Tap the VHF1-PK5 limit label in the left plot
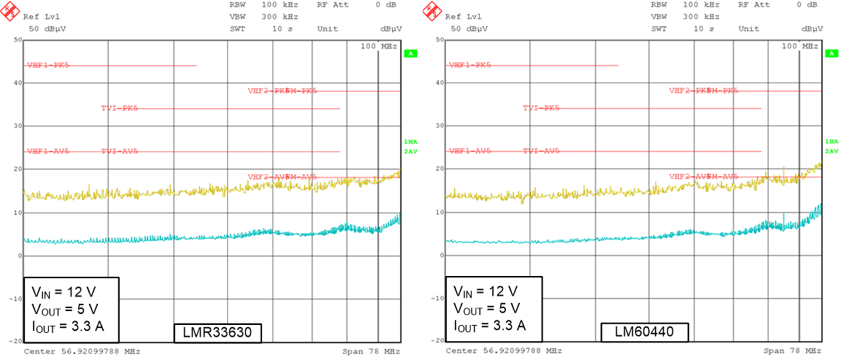[x=48, y=65]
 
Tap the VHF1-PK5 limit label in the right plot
[x=469, y=65]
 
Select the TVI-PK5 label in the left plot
[x=119, y=108]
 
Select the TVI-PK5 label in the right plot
[x=541, y=108]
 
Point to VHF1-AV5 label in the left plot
[x=48, y=151]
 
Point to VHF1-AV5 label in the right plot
[x=469, y=151]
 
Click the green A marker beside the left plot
[x=411, y=53]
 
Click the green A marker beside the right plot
[x=832, y=53]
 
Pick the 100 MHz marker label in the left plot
[x=378, y=46]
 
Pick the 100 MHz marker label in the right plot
[x=800, y=46]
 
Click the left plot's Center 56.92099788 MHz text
[x=82, y=351]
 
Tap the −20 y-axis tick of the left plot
[x=15, y=341]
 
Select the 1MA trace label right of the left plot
[x=410, y=142]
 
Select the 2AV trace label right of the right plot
[x=832, y=151]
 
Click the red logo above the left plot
[x=10, y=11]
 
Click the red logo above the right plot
[x=431, y=11]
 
